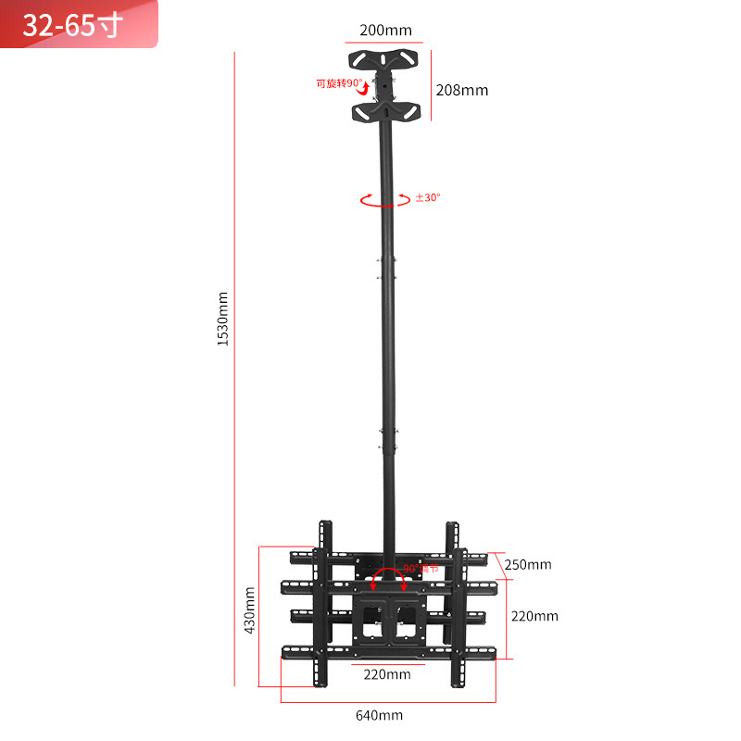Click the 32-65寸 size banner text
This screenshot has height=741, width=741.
coord(72,24)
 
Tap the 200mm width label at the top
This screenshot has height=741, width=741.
coord(384,31)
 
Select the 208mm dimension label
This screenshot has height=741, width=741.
coord(461,90)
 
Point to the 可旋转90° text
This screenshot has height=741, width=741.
coord(338,83)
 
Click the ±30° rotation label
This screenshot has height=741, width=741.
coord(428,197)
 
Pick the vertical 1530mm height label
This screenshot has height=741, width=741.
coord(222,319)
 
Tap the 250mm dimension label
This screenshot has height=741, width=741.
coord(528,564)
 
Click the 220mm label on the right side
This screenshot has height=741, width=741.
coord(534,616)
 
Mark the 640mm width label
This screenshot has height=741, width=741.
coord(379,715)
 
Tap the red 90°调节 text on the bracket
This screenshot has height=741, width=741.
coord(421,568)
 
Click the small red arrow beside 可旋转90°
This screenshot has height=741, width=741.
coord(367,89)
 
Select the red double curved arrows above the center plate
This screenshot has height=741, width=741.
coord(389,579)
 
